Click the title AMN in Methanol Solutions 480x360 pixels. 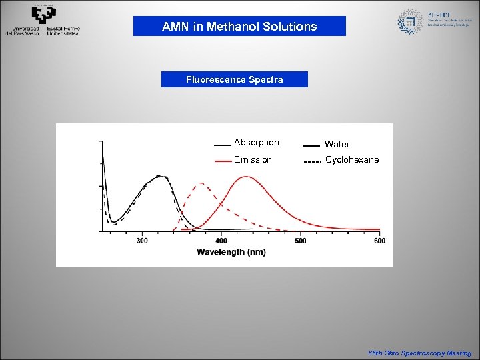(239, 27)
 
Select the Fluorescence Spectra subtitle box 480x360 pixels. (235, 79)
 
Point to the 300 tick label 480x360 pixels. (142, 241)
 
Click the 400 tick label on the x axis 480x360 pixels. (221, 241)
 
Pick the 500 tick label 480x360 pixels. (300, 241)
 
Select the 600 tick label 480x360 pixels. (379, 241)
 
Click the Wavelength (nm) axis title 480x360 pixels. (231, 252)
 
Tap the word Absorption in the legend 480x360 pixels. (256, 143)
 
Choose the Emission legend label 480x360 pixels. (253, 160)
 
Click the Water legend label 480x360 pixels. (337, 144)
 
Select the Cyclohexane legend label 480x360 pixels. (351, 160)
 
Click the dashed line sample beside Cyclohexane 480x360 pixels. (312, 162)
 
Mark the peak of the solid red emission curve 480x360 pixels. (247, 177)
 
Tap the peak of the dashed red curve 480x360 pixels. (200, 183)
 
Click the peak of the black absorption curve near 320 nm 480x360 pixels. (159, 177)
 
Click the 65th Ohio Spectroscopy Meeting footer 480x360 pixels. (419, 353)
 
